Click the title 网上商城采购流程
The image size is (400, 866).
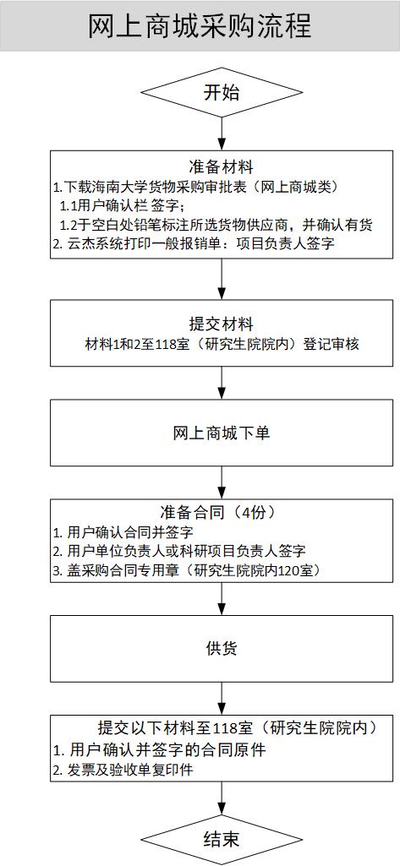[200, 25]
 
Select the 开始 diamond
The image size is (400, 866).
[222, 92]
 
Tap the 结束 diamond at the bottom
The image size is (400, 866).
[222, 839]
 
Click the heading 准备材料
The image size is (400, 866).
[222, 166]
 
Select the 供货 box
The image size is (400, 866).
[222, 649]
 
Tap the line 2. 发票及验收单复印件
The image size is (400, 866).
[123, 771]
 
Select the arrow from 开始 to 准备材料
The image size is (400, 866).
[222, 133]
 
